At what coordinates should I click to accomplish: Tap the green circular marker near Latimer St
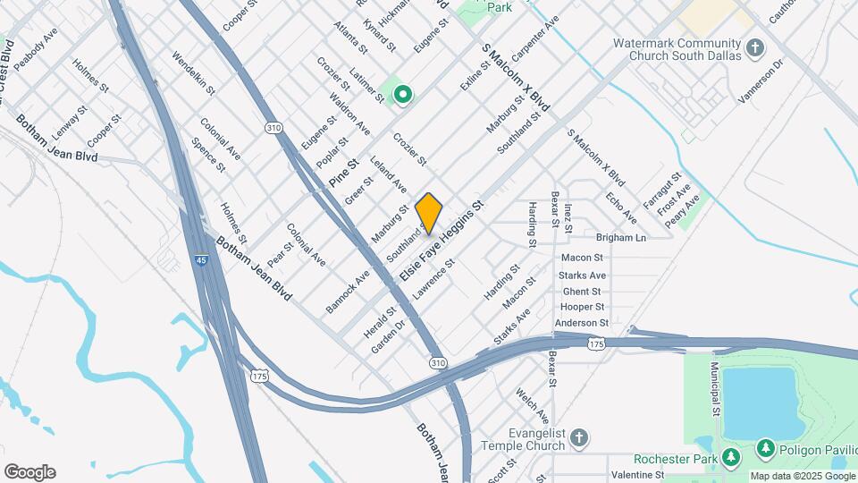[x=403, y=93]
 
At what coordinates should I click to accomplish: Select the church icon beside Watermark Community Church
[x=755, y=47]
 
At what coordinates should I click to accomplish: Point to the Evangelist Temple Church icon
[x=580, y=437]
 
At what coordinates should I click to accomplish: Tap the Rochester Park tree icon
[x=731, y=457]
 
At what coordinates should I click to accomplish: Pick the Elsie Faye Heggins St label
[x=442, y=242]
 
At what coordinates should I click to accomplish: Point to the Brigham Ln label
[x=621, y=238]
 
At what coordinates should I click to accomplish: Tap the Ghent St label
[x=582, y=292]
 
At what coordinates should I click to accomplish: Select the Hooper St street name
[x=583, y=307]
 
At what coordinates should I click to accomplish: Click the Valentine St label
[x=637, y=474]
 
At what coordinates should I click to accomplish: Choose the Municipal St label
[x=715, y=389]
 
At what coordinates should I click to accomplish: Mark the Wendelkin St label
[x=194, y=74]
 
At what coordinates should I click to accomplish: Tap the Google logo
[x=29, y=472]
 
